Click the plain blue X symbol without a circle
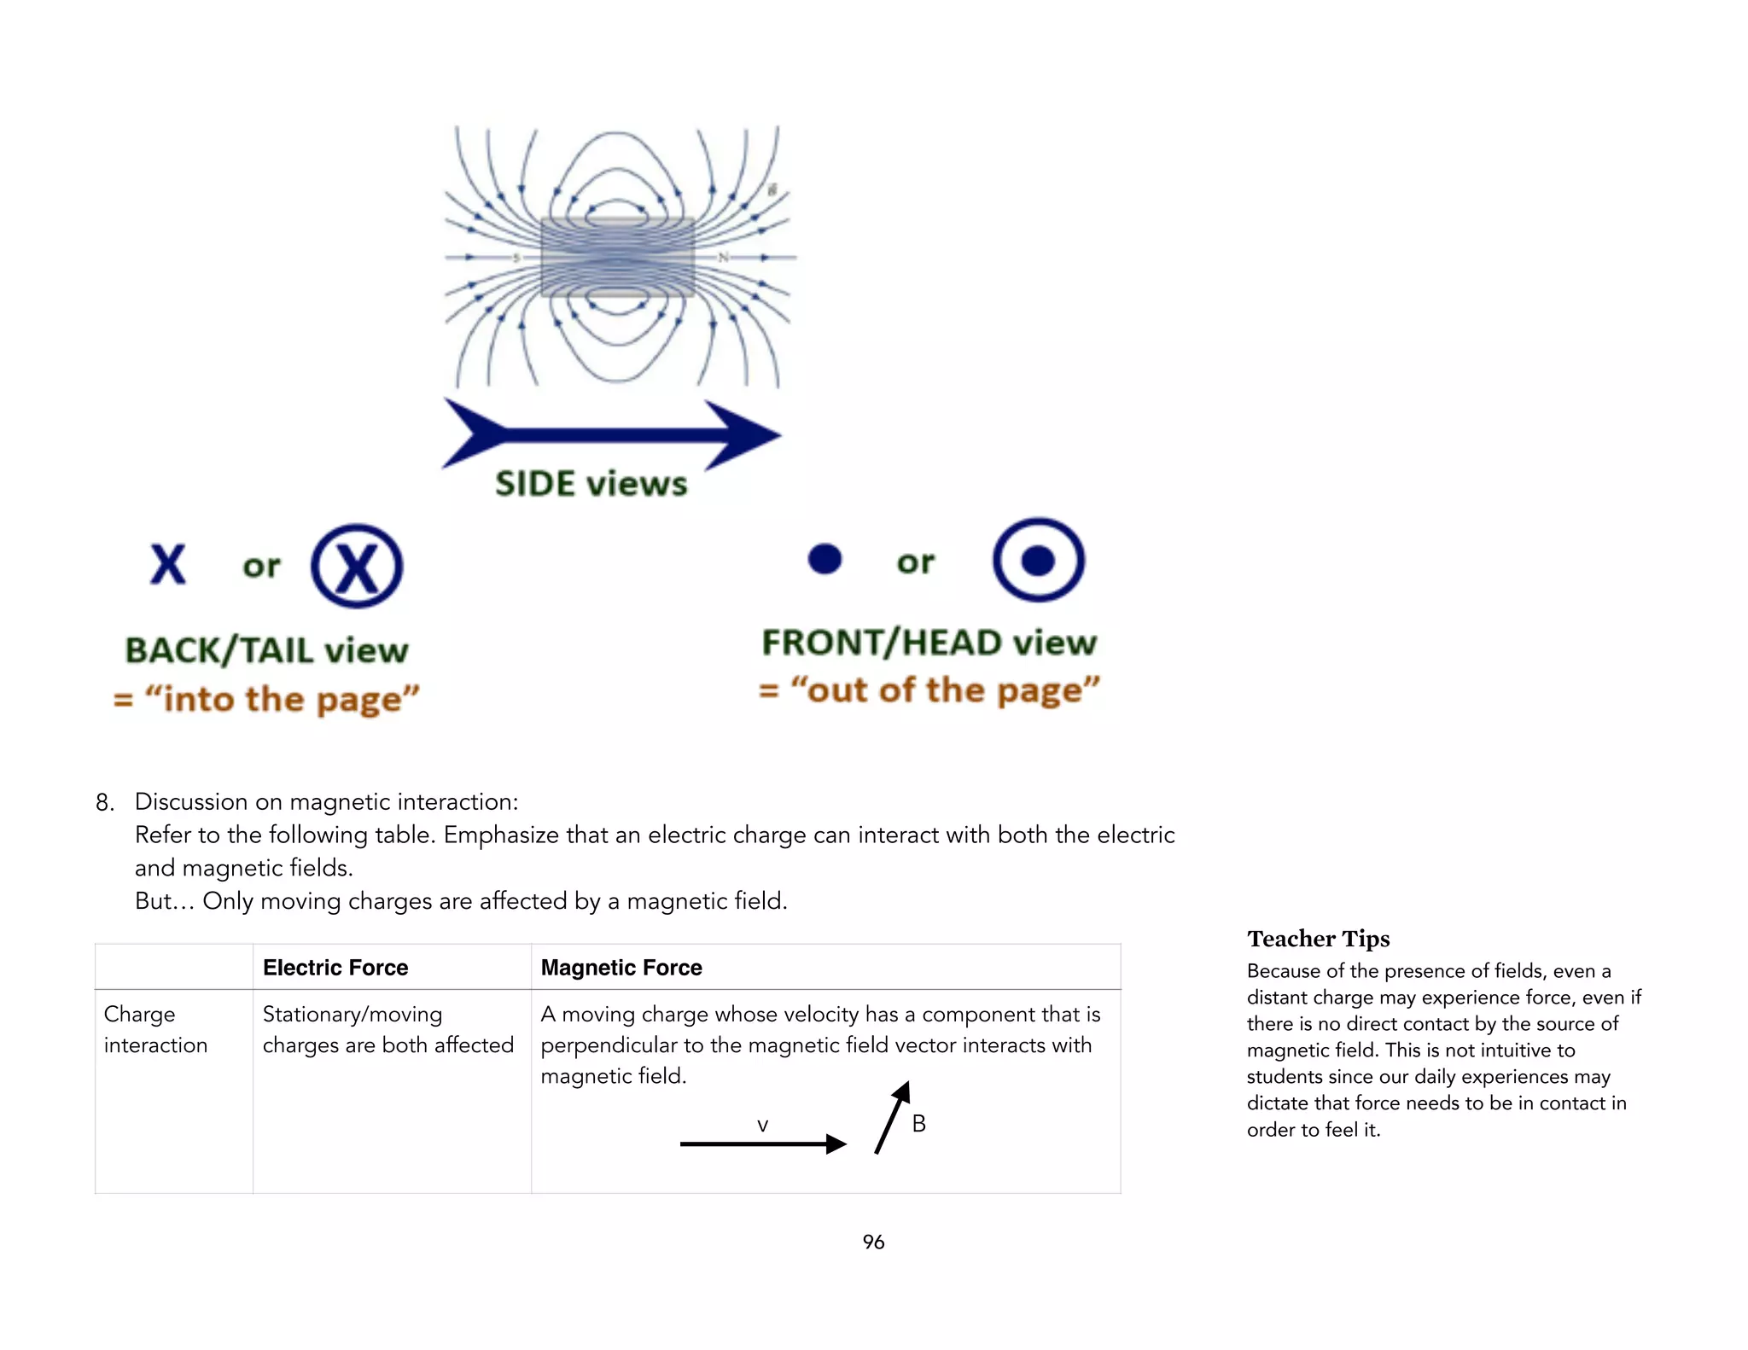(168, 564)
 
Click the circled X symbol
(357, 567)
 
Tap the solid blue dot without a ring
(824, 559)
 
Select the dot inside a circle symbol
(1038, 560)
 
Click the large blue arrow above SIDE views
(611, 434)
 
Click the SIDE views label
(591, 484)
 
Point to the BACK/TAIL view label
(266, 650)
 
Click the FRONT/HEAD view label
(929, 643)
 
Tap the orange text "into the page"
(266, 699)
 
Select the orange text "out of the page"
(929, 690)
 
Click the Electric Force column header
(335, 968)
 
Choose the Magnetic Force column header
(621, 968)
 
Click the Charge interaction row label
(155, 1029)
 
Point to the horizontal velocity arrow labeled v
(762, 1143)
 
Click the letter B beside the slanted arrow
(918, 1124)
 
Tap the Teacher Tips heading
(1318, 939)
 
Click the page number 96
(873, 1242)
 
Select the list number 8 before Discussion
(104, 802)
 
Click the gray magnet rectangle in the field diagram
(617, 257)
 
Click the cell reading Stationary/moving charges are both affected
(387, 1029)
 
